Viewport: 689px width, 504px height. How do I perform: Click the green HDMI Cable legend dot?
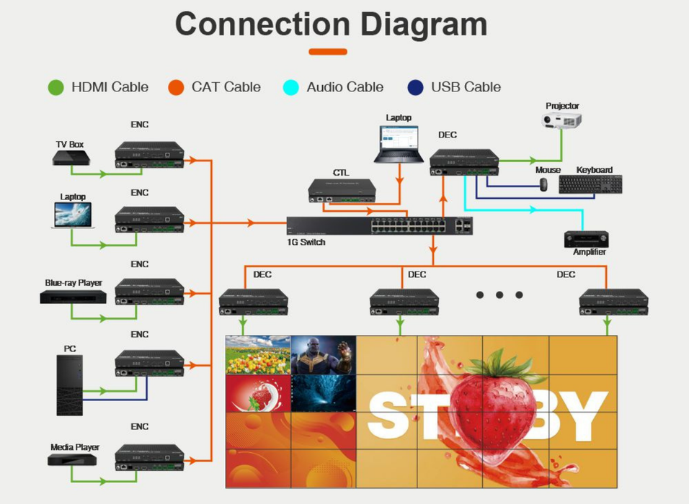[56, 88]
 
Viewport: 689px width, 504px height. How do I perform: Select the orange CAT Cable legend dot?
[176, 88]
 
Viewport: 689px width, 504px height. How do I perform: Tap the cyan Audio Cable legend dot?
[290, 88]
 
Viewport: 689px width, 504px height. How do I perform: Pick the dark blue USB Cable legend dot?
[416, 88]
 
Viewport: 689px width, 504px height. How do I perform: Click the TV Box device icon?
[70, 158]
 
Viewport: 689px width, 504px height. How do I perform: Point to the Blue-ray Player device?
[73, 296]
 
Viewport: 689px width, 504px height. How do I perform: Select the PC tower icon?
[70, 384]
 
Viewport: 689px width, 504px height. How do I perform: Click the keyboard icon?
[590, 184]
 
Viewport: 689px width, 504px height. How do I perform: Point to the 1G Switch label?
[306, 242]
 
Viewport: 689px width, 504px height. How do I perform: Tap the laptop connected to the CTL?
[399, 144]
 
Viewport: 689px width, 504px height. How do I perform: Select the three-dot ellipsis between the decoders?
[499, 294]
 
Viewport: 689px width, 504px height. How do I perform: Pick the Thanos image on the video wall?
[323, 354]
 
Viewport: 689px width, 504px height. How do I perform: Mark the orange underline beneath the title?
[328, 52]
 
